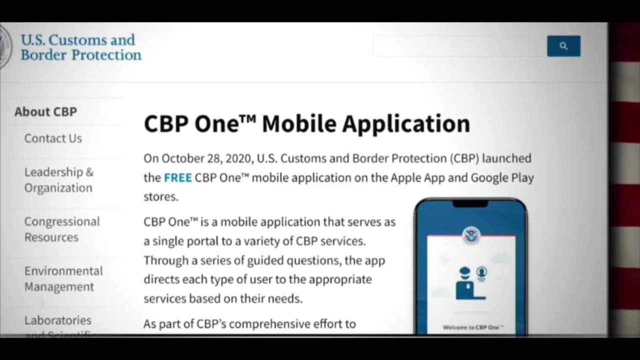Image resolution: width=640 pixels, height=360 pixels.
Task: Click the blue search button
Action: click(563, 46)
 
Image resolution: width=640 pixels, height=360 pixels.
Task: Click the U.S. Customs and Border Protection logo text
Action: click(80, 47)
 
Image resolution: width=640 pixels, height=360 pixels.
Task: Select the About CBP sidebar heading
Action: click(45, 111)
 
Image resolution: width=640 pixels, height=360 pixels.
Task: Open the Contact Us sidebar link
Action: click(53, 138)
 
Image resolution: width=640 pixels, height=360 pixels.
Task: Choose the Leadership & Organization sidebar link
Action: click(58, 179)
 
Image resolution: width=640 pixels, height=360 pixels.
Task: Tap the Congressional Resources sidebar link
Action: click(62, 229)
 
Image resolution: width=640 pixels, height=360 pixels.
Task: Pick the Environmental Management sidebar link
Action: click(63, 278)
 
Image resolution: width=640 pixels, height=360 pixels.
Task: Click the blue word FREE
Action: click(177, 177)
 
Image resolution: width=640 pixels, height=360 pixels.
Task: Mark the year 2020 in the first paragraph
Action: click(239, 158)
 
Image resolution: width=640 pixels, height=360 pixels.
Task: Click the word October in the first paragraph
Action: click(182, 158)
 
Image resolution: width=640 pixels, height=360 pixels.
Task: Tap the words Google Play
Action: click(502, 177)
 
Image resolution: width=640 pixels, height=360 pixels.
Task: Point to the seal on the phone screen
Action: click(470, 234)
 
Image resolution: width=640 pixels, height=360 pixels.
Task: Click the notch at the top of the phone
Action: click(470, 203)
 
